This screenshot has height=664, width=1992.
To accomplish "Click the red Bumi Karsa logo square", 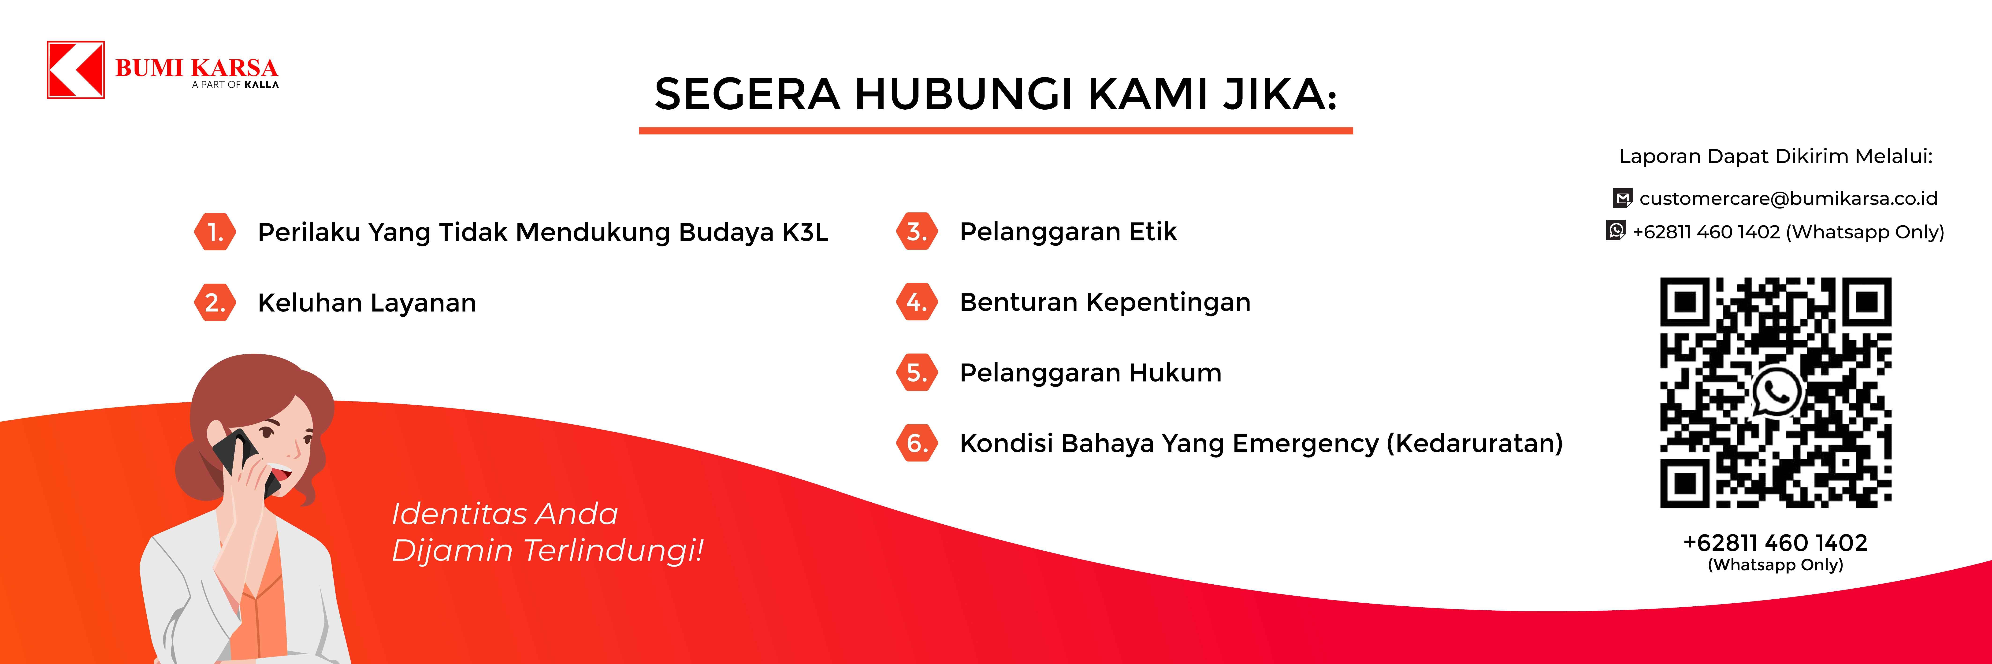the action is pos(76,70).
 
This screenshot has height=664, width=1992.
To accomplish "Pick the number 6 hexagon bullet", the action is pos(917,443).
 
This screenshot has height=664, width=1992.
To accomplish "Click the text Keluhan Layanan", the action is pos(367,302).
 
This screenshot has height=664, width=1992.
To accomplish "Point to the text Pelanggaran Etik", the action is pos(1068,232).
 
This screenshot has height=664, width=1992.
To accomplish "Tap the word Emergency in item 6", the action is pos(1305,444).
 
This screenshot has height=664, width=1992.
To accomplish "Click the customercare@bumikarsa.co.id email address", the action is pos(1788,199).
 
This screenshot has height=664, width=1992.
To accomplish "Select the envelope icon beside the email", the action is pos(1622,199).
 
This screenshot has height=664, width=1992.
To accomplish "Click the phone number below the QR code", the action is pos(1775,543).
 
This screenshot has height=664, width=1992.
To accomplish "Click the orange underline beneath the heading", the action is pos(996,131).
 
